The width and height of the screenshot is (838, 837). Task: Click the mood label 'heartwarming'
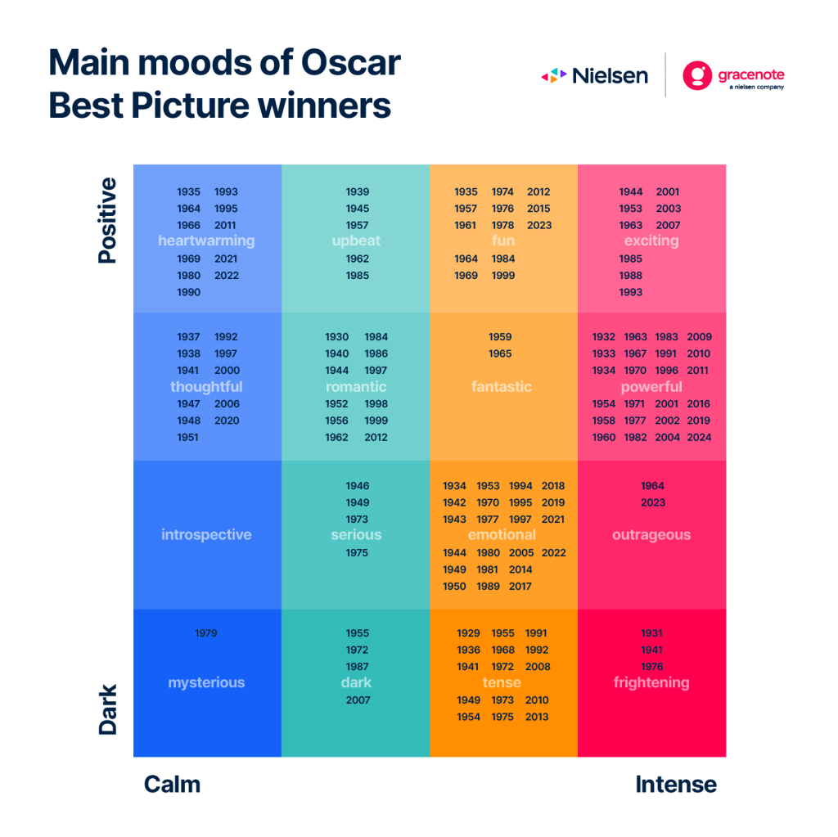[206, 241]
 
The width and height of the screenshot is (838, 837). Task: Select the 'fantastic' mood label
[502, 386]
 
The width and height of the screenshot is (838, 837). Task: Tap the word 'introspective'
[206, 534]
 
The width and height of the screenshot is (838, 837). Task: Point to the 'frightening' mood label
[651, 682]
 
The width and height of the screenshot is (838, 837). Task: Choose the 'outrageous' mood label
[651, 534]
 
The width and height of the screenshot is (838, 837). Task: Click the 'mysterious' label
[206, 682]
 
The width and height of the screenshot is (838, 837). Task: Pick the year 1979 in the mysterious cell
[205, 633]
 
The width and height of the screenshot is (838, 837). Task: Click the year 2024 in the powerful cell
[699, 437]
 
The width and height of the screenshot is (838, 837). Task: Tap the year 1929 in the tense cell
[468, 633]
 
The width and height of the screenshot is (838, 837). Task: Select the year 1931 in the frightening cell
[651, 633]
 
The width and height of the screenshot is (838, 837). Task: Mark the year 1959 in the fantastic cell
[500, 337]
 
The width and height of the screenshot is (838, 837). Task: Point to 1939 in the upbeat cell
[357, 192]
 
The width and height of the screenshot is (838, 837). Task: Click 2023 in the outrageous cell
[653, 503]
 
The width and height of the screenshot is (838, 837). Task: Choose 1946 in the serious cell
[357, 486]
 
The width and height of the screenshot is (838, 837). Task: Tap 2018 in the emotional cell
[553, 486]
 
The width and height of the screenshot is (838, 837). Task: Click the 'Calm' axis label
[172, 785]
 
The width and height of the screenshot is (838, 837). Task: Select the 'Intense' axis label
[676, 785]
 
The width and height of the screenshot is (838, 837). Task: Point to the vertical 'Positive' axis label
[107, 220]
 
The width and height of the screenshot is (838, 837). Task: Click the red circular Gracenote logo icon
[697, 75]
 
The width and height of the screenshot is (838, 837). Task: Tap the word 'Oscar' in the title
[350, 62]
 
